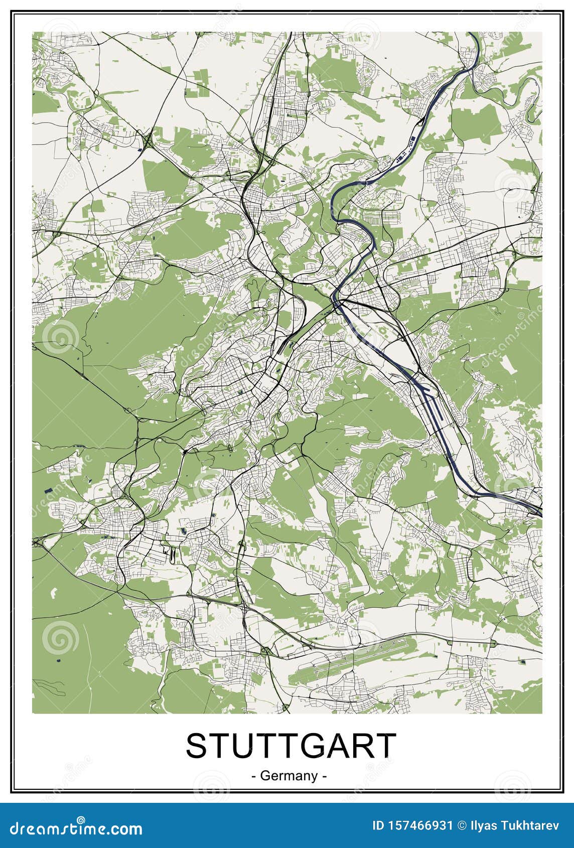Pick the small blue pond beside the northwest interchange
139,149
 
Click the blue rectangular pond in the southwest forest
47,491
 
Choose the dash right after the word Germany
325,776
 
